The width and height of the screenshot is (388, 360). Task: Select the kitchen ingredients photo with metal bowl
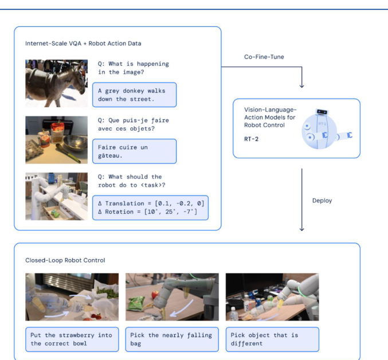point(56,140)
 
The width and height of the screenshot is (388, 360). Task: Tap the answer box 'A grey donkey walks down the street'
point(135,95)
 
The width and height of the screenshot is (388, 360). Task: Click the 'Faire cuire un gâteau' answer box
point(135,151)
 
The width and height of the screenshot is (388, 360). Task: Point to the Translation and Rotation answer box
point(150,208)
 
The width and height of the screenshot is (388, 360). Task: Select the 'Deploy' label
point(322,201)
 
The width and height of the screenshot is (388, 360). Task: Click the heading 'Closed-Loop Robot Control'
point(65,260)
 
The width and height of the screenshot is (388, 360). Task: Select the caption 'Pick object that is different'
point(272,339)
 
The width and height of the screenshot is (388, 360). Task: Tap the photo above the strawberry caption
point(72,296)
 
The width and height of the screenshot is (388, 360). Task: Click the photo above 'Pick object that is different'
point(272,296)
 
